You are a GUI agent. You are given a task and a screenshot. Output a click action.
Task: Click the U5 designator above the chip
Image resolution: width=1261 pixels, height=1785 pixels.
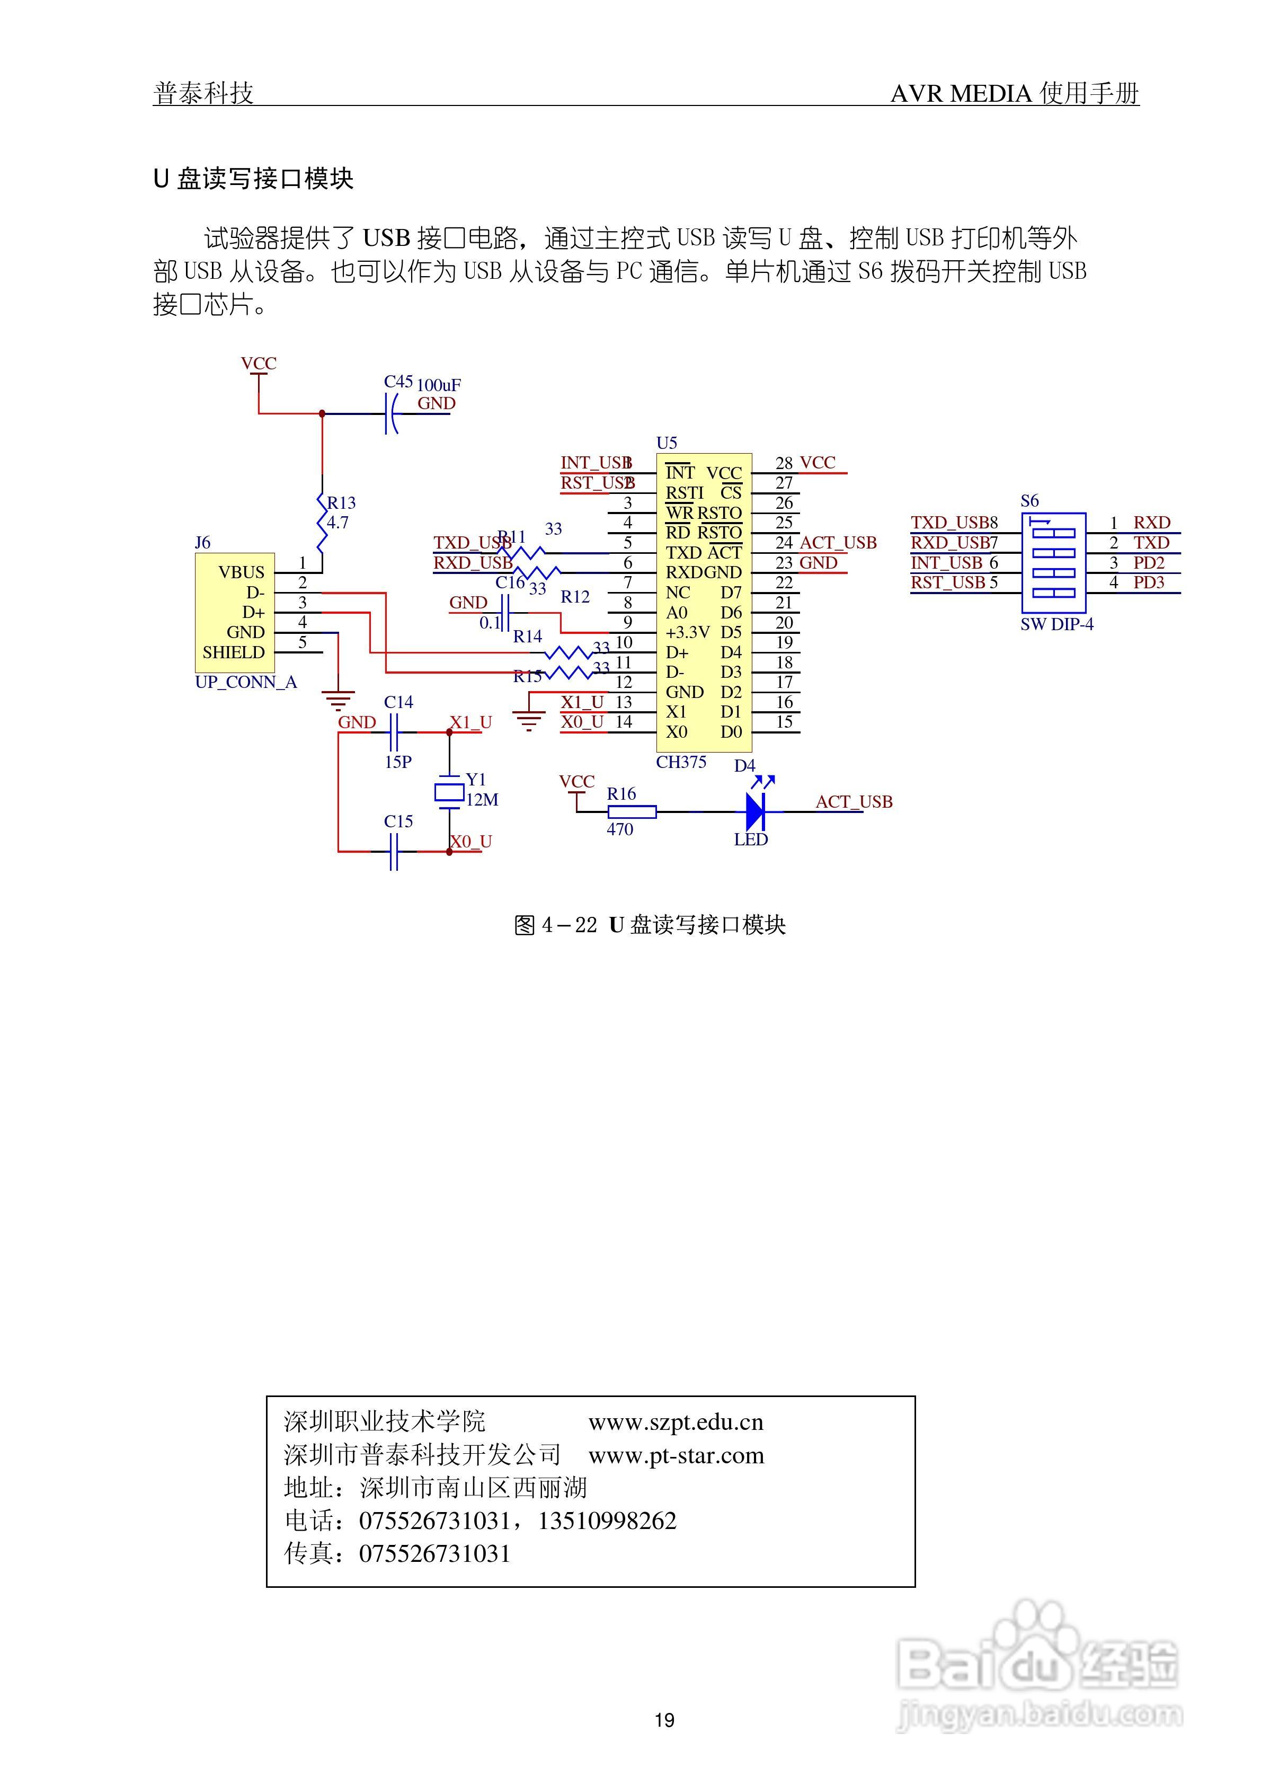point(666,443)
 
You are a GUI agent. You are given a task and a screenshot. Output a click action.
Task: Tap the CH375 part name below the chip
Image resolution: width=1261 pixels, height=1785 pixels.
point(680,762)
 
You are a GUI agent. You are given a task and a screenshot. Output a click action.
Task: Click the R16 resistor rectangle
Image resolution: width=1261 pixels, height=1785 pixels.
point(631,812)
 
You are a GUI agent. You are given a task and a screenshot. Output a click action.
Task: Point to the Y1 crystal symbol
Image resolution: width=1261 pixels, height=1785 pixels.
point(449,793)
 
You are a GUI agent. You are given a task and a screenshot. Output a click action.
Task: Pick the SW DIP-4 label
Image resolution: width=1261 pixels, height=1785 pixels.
point(1056,624)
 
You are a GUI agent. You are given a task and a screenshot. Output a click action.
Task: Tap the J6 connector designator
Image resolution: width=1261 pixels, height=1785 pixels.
point(202,543)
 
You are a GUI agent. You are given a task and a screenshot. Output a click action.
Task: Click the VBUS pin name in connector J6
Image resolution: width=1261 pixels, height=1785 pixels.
point(241,572)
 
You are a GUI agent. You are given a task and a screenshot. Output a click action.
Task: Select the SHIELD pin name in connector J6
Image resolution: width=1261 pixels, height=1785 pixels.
point(233,652)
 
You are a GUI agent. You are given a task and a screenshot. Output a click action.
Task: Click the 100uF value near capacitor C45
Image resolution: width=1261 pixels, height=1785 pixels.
point(439,385)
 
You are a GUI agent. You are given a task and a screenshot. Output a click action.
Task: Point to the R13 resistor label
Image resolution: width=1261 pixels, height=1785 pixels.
point(341,503)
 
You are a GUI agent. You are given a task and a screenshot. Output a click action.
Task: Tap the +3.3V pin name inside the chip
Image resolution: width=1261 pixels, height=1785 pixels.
point(687,632)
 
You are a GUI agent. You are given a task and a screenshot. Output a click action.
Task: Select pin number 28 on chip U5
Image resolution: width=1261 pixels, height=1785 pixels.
point(784,463)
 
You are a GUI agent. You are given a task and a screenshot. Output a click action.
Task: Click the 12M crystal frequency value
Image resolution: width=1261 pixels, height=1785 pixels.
point(482,800)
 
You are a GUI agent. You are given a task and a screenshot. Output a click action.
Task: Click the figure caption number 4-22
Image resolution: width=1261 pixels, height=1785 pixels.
point(569,925)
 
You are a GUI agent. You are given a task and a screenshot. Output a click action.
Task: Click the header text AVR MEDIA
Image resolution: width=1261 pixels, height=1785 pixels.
point(961,94)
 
